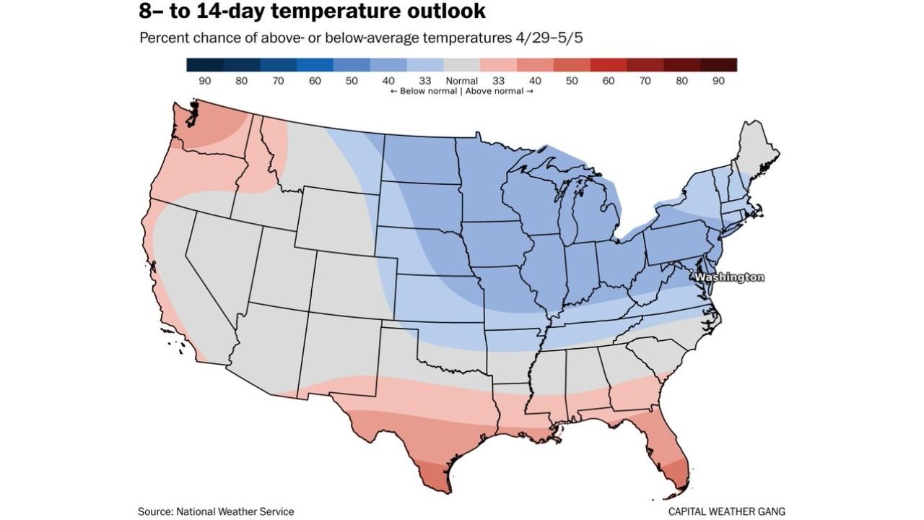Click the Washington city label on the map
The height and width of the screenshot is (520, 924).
point(728,277)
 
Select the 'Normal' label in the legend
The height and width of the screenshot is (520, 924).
point(462,81)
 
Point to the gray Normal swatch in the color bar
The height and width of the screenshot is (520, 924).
point(462,65)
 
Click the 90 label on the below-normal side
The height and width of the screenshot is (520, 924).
point(205,81)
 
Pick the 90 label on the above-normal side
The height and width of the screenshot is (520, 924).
point(718,81)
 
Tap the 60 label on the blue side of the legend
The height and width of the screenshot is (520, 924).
point(315,81)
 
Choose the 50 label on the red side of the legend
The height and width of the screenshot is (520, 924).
point(572,81)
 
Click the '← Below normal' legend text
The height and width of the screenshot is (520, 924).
point(423,91)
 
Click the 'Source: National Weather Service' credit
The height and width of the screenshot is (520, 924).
point(216,511)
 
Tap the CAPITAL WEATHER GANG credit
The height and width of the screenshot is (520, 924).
point(726,511)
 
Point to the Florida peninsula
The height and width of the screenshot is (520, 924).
point(668,444)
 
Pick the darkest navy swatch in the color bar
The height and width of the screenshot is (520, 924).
point(205,65)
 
